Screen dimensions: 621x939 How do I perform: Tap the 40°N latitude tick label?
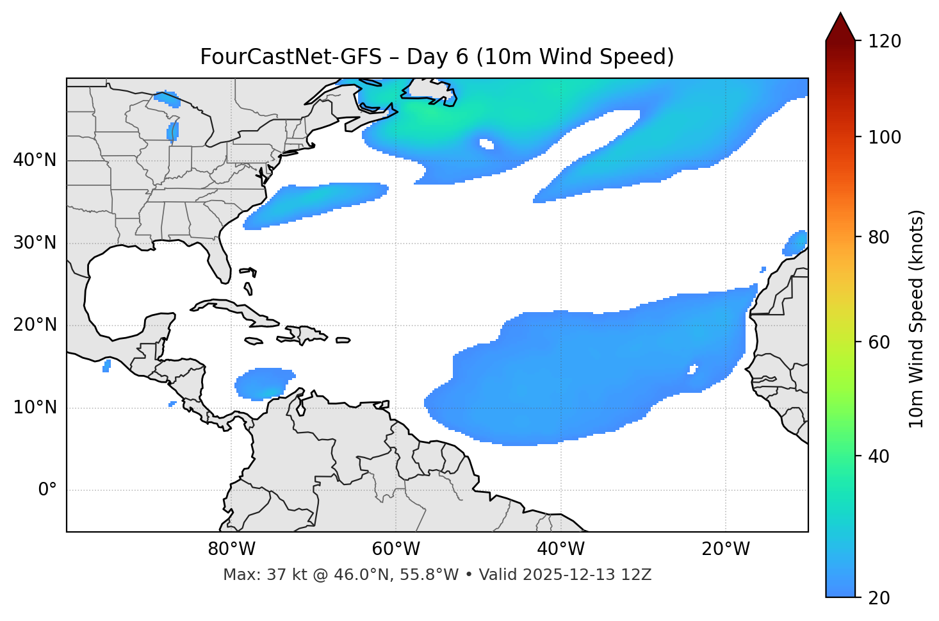pyautogui.click(x=35, y=160)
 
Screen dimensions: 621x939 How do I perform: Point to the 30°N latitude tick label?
pyautogui.click(x=35, y=243)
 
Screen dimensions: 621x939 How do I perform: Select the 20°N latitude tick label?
pyautogui.click(x=35, y=325)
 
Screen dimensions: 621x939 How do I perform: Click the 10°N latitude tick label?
pyautogui.click(x=35, y=408)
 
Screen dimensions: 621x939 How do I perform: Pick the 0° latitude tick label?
pyautogui.click(x=47, y=490)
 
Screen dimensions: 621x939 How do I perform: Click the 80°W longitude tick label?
pyautogui.click(x=231, y=549)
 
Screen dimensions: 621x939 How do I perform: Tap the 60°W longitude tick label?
pyautogui.click(x=396, y=549)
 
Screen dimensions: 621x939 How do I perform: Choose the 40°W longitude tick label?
pyautogui.click(x=560, y=549)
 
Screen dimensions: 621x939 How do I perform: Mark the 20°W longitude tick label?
pyautogui.click(x=726, y=549)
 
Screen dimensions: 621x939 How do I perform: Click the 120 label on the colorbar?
pyautogui.click(x=885, y=42)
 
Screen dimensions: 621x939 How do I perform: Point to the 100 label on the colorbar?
pyautogui.click(x=885, y=137)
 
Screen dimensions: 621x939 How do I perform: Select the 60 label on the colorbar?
pyautogui.click(x=880, y=342)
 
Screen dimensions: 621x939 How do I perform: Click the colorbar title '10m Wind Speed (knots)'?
pyautogui.click(x=917, y=319)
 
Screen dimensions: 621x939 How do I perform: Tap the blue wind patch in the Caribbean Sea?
pyautogui.click(x=264, y=383)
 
